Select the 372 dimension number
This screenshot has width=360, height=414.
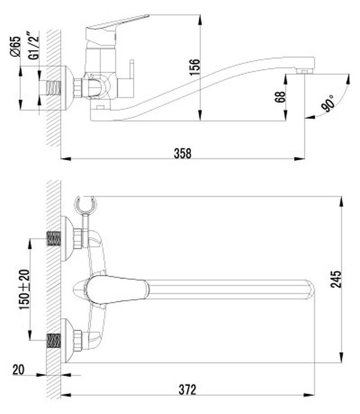point(187,389)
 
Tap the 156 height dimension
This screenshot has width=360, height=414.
point(195,67)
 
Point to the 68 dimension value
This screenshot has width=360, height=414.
point(280,97)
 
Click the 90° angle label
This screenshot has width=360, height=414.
point(329,103)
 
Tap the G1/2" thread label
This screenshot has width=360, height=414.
point(34,46)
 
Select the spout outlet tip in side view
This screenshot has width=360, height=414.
point(304,72)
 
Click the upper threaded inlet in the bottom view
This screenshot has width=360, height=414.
point(54,239)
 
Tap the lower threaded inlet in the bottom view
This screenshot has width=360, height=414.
point(54,340)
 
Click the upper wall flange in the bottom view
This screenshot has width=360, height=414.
point(67,239)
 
